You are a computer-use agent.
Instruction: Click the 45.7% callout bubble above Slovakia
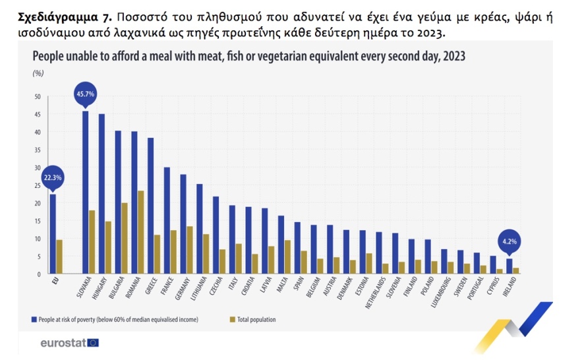[85, 94]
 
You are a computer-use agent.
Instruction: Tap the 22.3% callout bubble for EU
[52, 177]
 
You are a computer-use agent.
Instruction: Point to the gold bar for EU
[59, 256]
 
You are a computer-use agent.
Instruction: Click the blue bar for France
[167, 220]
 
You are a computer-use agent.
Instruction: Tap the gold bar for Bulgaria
[124, 238]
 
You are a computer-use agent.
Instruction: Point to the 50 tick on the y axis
[37, 97]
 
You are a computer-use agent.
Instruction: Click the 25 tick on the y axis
[37, 185]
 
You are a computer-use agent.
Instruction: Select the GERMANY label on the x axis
[181, 291]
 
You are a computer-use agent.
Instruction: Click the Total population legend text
[253, 320]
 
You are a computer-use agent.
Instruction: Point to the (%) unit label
[38, 73]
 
